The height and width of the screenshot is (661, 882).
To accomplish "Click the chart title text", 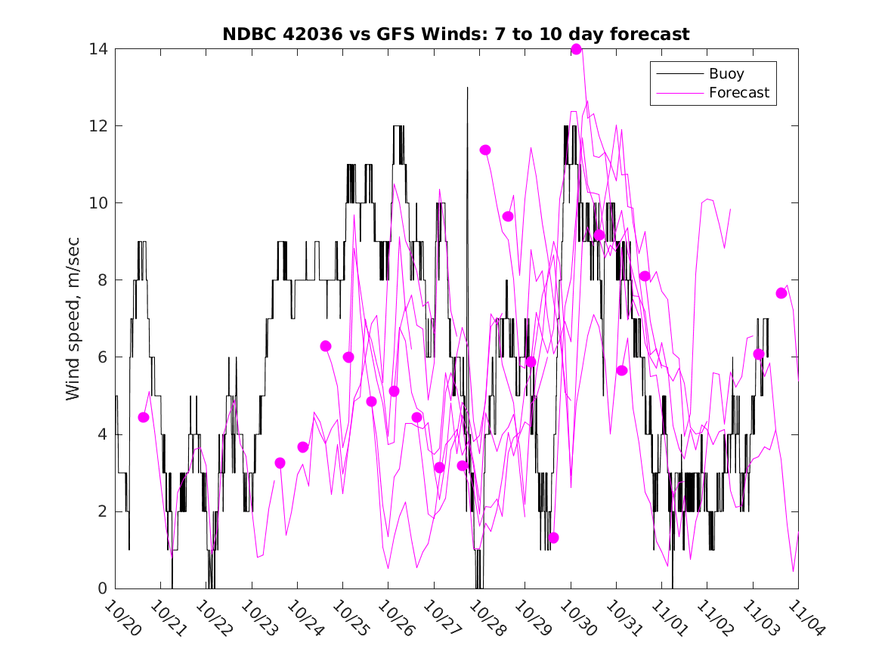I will [x=455, y=34].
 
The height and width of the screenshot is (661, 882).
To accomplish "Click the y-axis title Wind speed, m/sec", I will [x=73, y=318].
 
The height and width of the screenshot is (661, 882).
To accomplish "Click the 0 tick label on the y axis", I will [x=101, y=588].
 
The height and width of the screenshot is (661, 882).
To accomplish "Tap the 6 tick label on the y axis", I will [x=101, y=357].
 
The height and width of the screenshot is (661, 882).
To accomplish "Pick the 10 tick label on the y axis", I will [x=97, y=203].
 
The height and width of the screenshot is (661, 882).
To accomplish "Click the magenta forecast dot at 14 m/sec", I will [x=576, y=49].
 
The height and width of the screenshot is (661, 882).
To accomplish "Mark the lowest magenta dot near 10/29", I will [x=553, y=538].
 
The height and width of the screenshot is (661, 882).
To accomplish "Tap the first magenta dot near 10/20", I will [x=144, y=417].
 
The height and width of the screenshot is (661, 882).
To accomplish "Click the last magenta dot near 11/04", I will [x=781, y=293].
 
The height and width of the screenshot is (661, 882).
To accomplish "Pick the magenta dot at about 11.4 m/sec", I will [x=485, y=150].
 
